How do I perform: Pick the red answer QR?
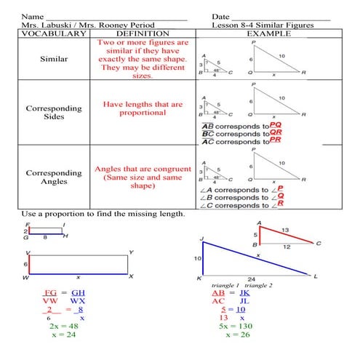pyautogui.click(x=275, y=133)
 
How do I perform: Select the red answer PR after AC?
pyautogui.click(x=275, y=141)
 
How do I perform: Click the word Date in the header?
pyautogui.click(x=221, y=16)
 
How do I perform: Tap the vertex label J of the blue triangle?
pyautogui.click(x=200, y=239)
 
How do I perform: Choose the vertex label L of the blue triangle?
pyautogui.click(x=316, y=276)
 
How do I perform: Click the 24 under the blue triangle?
pyautogui.click(x=251, y=279)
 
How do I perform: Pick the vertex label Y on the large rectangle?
pyautogui.click(x=130, y=252)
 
